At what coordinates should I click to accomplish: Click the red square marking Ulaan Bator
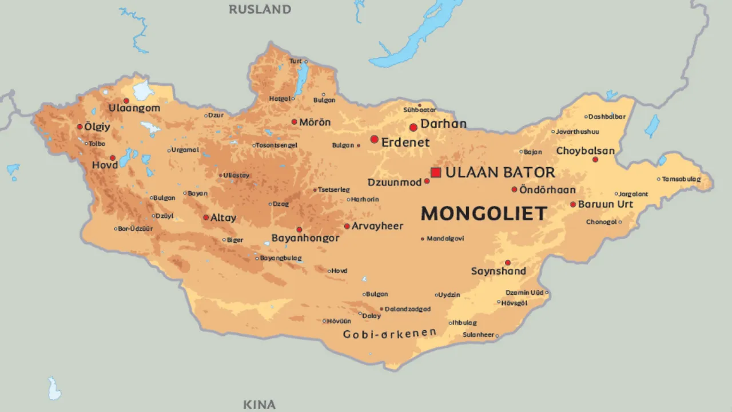click(x=436, y=172)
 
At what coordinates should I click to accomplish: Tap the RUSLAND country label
click(x=260, y=9)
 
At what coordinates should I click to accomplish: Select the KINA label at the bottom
click(x=259, y=405)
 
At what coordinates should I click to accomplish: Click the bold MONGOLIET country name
click(x=484, y=213)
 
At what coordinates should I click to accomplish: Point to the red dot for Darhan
click(x=413, y=127)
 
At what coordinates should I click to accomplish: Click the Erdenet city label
click(x=405, y=142)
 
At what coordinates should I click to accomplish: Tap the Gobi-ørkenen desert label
click(x=389, y=334)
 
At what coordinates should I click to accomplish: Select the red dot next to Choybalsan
click(x=595, y=159)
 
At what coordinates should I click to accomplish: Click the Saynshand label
click(x=498, y=271)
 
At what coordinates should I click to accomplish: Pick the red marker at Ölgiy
click(x=79, y=126)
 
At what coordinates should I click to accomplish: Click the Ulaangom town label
click(x=134, y=108)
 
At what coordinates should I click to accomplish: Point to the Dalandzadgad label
click(x=407, y=309)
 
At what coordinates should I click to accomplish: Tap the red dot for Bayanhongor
click(x=299, y=229)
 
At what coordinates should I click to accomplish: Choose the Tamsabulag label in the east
click(x=681, y=179)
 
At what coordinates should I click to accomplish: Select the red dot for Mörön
click(x=294, y=122)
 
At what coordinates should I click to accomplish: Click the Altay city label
click(x=223, y=218)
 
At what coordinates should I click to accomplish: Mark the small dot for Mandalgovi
click(x=423, y=239)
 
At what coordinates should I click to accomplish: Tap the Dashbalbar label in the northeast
click(x=607, y=117)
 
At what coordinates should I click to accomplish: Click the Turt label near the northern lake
click(x=295, y=61)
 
